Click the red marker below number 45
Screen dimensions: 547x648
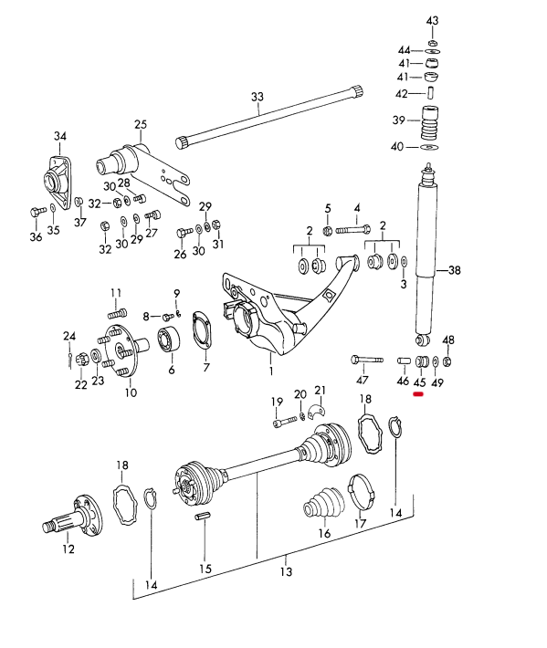pos(418,394)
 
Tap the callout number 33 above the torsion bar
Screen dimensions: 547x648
pos(258,97)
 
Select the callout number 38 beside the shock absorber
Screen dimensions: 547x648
pos(455,270)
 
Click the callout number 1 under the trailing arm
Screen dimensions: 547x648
pos(271,371)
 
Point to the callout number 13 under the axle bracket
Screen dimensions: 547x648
pos(286,571)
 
